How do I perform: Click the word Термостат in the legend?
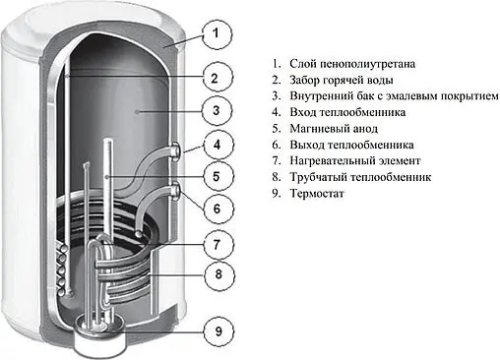[x=318, y=194]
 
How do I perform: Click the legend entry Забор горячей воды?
[x=344, y=80]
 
